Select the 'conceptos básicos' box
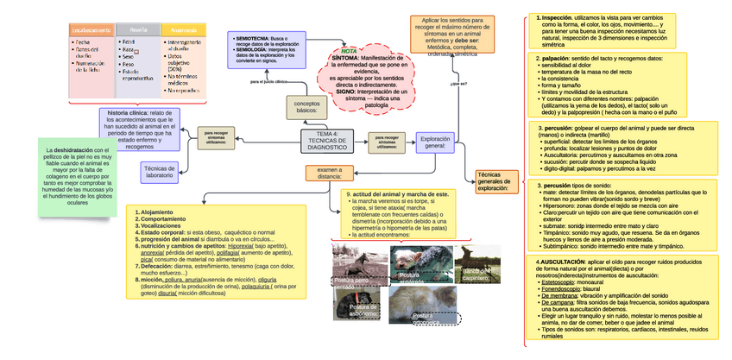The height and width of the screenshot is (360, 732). click(x=306, y=107)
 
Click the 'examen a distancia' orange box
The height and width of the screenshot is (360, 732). click(x=329, y=173)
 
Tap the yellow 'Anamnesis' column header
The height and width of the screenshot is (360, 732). click(x=183, y=30)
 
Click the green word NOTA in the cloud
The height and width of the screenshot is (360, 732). click(x=349, y=51)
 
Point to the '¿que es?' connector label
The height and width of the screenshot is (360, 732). click(x=458, y=85)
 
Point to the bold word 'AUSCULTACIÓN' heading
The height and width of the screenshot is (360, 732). click(x=564, y=261)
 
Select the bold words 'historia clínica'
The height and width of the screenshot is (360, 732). click(x=126, y=113)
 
